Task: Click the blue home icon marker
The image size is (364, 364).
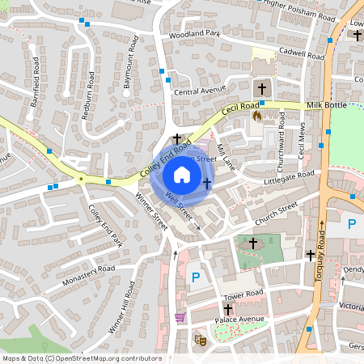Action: [x=182, y=175]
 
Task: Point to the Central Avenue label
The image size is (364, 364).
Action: [x=198, y=91]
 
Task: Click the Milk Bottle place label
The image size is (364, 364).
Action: [x=327, y=106]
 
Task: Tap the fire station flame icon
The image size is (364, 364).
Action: [x=257, y=116]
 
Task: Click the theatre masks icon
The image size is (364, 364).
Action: [x=198, y=341]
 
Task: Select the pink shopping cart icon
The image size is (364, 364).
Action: [x=180, y=317]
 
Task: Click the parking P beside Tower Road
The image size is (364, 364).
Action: [x=195, y=278]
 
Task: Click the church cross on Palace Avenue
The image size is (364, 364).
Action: [x=228, y=309]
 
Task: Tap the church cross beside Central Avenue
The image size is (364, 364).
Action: [x=260, y=88]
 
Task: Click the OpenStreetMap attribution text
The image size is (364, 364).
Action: [x=82, y=358]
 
